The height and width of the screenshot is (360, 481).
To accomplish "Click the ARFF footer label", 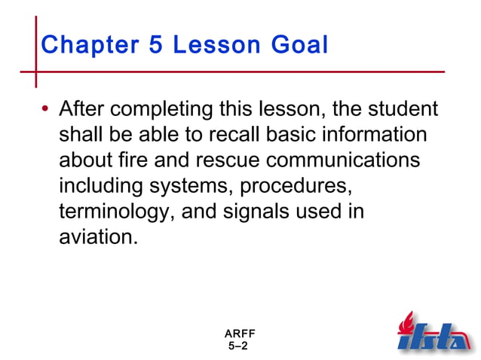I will click(239, 334).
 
